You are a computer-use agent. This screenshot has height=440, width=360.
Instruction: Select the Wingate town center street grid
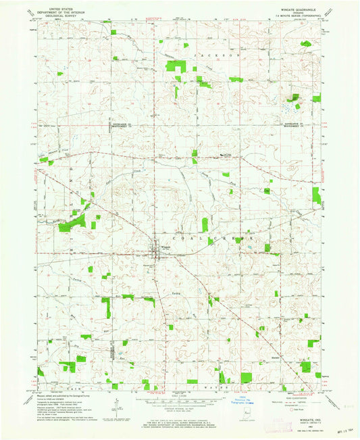click(157, 248)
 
